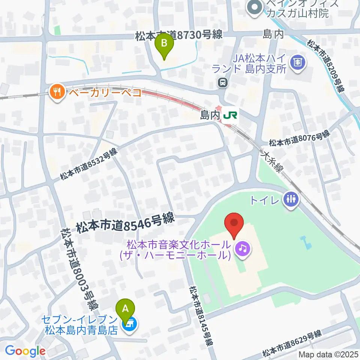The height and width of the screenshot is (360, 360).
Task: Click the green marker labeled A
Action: [x=126, y=309]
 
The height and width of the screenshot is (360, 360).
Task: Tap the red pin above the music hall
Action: [x=234, y=223]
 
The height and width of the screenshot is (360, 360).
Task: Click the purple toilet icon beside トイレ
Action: [x=291, y=199]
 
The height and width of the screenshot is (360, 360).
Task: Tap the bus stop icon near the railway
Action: [x=223, y=82]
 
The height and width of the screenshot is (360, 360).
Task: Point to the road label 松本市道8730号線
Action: [x=179, y=35]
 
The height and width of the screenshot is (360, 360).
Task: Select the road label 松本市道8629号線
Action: [x=292, y=343]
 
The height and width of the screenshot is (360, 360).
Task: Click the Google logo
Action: [x=25, y=351]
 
